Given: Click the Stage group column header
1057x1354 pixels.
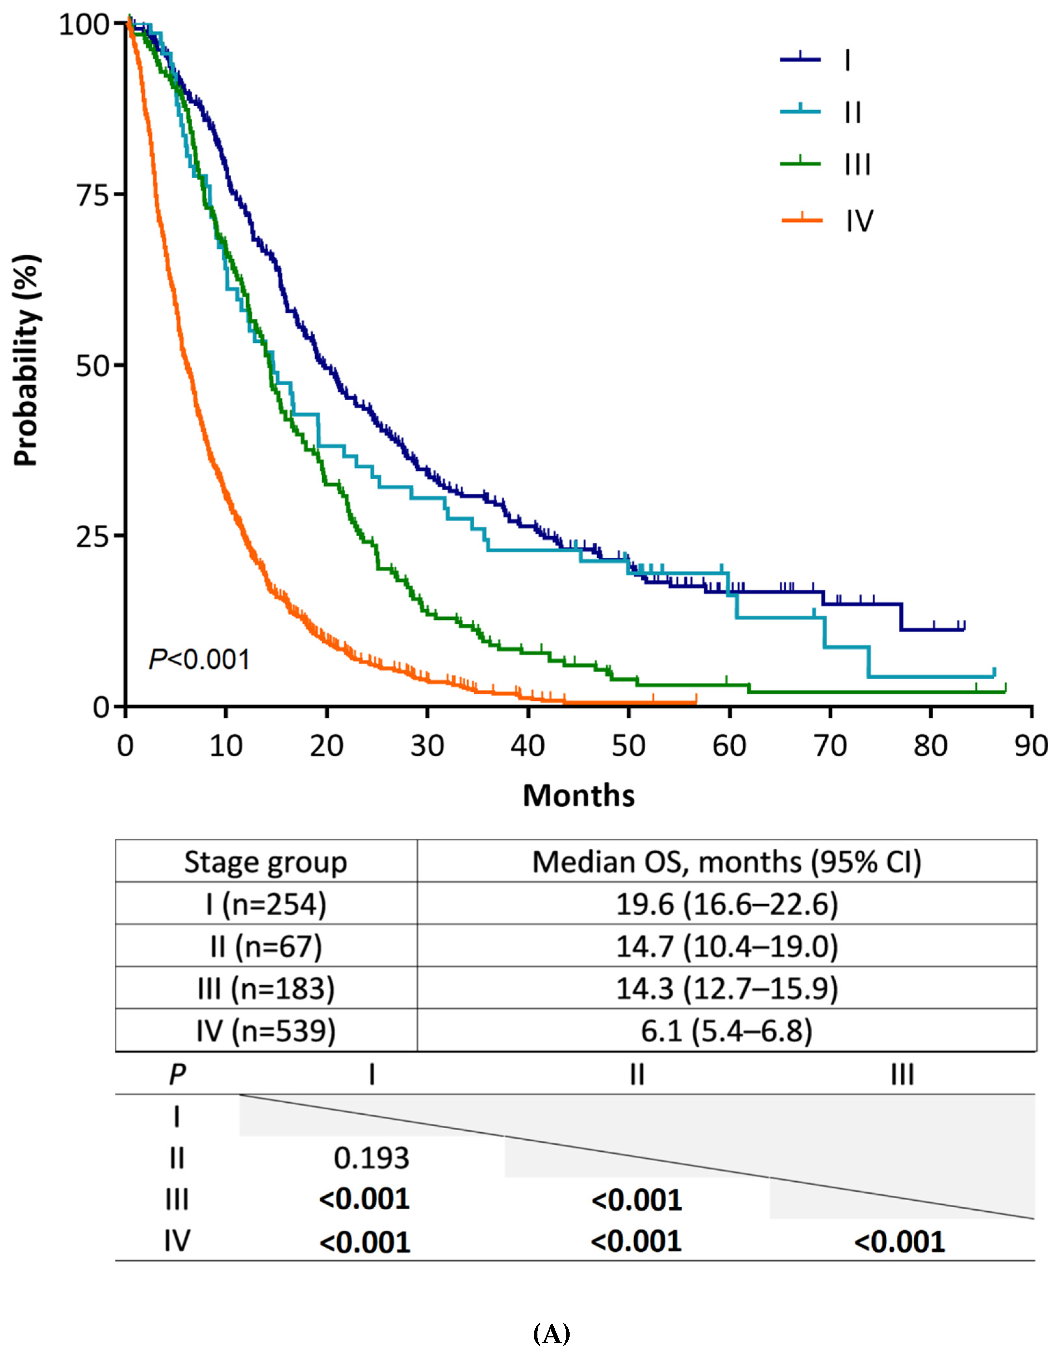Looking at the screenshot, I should (x=266, y=862).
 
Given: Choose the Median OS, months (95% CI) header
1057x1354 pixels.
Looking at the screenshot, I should (x=727, y=862).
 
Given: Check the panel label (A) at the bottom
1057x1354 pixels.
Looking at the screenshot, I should (x=551, y=1333).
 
